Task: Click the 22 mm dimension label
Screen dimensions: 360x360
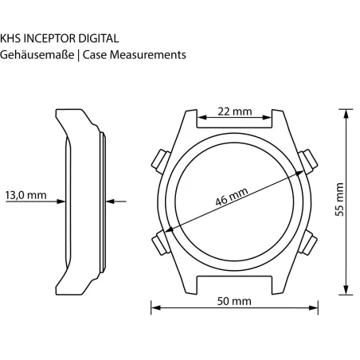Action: [x=235, y=112]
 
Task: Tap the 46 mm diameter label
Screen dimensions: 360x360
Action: [x=232, y=197]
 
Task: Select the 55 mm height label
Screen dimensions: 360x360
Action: [x=340, y=200]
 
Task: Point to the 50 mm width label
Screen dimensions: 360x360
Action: [x=234, y=301]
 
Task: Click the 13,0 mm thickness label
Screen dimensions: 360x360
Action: [x=26, y=195]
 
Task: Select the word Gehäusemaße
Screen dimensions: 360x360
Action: [x=37, y=55]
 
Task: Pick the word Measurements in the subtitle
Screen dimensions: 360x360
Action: [x=148, y=55]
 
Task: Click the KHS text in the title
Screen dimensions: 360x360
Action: [x=10, y=38]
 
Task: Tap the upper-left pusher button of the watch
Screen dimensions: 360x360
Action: [x=161, y=162]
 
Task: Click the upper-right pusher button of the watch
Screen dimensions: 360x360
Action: [x=307, y=162]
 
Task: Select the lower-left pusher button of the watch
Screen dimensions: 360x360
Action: [x=161, y=242]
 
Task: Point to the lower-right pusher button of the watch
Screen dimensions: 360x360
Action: [x=307, y=242]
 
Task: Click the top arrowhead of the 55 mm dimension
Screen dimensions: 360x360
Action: [x=346, y=114]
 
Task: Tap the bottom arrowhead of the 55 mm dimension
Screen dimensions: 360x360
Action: [x=346, y=290]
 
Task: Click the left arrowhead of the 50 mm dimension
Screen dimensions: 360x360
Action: [x=156, y=308]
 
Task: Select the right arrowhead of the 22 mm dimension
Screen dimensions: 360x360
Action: [x=267, y=118]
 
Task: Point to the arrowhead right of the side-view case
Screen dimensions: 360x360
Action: [x=110, y=202]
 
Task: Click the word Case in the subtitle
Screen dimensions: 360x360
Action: [x=95, y=55]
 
